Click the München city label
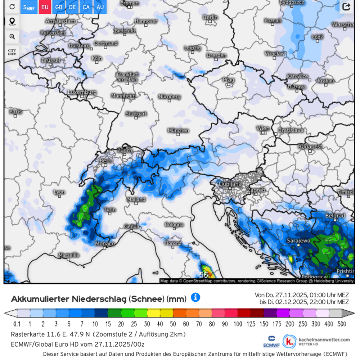178,130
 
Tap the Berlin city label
210,17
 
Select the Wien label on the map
263,129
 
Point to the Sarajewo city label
298,240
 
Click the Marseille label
69,255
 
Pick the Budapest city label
310,147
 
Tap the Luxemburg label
82,93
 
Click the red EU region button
45,7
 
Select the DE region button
72,7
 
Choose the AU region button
100,7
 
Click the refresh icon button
12,7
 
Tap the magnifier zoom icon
12,37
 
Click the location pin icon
12,22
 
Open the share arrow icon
346,7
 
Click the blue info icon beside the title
195,297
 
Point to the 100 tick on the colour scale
238,324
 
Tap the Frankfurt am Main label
127,77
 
